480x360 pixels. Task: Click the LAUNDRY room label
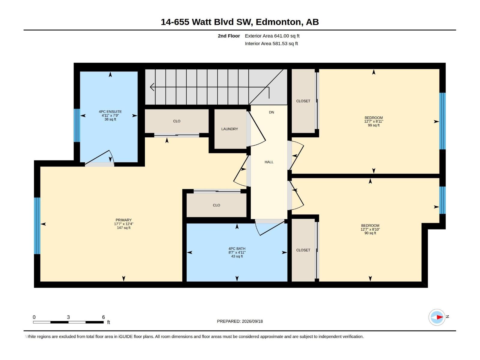pos(229,129)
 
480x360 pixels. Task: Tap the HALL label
pos(269,162)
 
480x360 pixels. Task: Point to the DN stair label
pos(271,112)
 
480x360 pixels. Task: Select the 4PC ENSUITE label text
pos(110,112)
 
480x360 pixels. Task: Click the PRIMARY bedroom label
pos(124,220)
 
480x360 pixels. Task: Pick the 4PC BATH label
pos(237,249)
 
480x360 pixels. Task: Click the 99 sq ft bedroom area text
pos(373,125)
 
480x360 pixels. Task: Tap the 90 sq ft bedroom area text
pos(370,233)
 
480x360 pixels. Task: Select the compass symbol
pos(437,317)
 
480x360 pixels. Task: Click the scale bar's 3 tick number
pos(68,317)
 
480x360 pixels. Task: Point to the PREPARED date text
pos(240,321)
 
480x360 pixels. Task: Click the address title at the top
pos(240,22)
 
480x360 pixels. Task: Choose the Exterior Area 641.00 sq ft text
pos(272,36)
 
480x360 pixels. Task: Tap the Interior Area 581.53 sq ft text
pos(271,43)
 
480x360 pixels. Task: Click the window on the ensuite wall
pos(77,125)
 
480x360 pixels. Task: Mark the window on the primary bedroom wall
pos(37,226)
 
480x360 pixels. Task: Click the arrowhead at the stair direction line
pos(152,87)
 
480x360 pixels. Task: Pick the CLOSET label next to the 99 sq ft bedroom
pos(303,101)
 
